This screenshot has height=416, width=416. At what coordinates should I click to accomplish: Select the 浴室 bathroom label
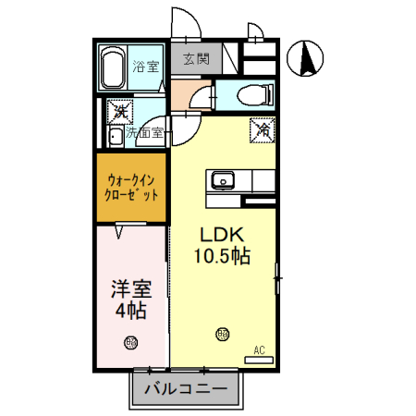tap(145, 67)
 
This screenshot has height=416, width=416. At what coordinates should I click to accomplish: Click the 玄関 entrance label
tap(195, 59)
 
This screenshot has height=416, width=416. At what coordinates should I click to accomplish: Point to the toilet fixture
tap(253, 94)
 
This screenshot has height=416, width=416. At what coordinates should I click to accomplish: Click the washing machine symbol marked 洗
tap(120, 113)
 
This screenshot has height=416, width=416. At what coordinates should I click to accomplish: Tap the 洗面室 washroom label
tap(146, 133)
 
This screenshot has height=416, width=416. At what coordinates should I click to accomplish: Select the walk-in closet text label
tap(132, 188)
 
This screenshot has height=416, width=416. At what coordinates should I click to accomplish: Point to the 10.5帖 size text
tap(223, 255)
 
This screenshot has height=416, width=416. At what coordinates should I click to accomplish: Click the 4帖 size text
tap(131, 310)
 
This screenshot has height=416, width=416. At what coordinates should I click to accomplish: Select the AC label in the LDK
tap(260, 350)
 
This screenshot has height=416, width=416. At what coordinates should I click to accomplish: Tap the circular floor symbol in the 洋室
tap(131, 343)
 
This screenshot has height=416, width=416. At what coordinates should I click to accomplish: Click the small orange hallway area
tap(190, 95)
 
